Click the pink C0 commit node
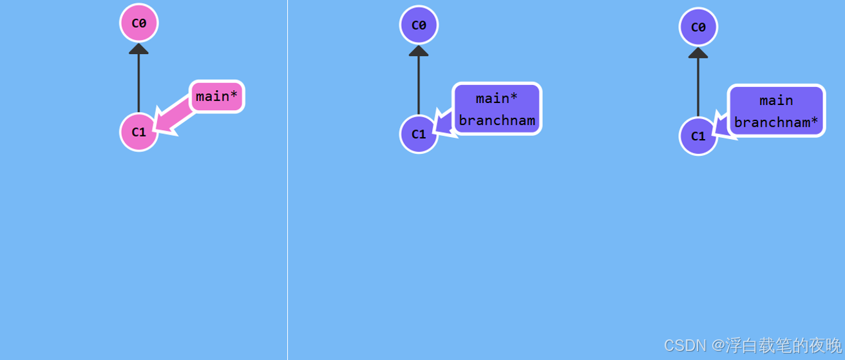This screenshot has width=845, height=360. [138, 23]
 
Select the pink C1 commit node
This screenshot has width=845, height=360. [138, 132]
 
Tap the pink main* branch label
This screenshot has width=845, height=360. [216, 97]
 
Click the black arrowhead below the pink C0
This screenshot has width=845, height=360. [138, 48]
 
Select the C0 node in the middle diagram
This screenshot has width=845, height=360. [419, 25]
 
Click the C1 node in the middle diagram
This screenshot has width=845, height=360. [419, 134]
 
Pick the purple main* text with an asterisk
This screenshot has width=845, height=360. [497, 99]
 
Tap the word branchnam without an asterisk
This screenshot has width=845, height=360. [497, 120]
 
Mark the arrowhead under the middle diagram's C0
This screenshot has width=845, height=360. [419, 51]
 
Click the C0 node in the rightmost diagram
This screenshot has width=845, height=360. [698, 27]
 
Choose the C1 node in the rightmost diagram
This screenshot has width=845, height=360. [698, 136]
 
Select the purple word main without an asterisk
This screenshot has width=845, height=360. [776, 100]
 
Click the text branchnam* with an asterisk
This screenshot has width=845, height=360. [776, 122]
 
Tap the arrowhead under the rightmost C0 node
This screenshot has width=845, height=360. [698, 53]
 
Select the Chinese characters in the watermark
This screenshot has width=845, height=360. [783, 346]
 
